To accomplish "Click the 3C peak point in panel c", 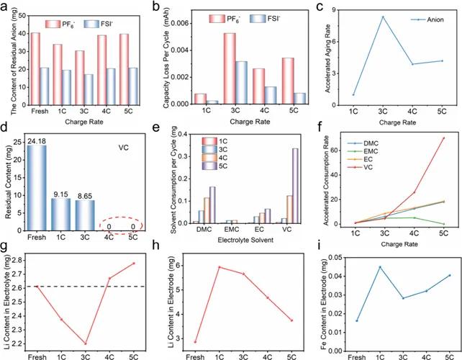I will tap(382, 17).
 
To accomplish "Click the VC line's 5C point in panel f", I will tap(443, 138).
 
